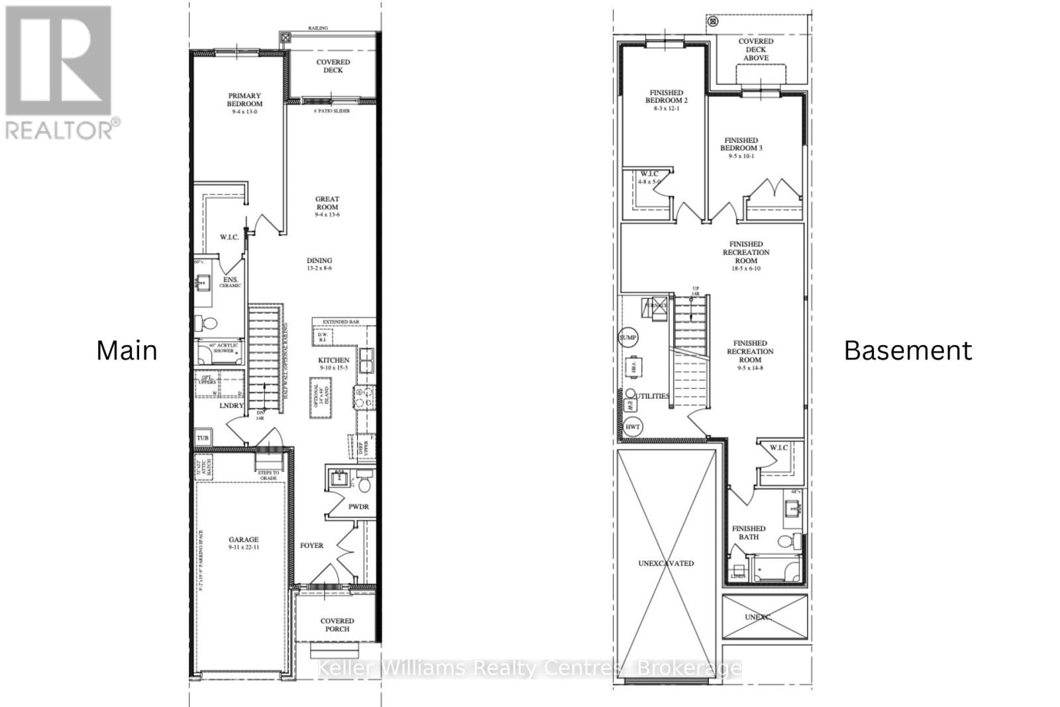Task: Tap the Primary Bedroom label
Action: click(244, 100)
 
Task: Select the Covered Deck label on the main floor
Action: click(333, 66)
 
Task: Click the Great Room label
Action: click(327, 203)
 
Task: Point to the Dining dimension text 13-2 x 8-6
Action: click(319, 268)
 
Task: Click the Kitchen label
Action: click(334, 360)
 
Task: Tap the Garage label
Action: click(244, 540)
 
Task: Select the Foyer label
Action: click(311, 546)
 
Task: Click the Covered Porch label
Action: click(337, 625)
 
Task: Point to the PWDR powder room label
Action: click(358, 507)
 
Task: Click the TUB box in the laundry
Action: click(203, 438)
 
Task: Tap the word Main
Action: click(127, 351)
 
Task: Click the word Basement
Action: click(908, 351)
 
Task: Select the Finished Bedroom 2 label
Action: click(666, 97)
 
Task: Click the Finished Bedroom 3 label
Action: click(741, 144)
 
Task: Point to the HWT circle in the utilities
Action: click(633, 427)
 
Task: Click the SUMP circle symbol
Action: click(627, 338)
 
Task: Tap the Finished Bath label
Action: click(749, 533)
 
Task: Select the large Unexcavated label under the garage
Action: click(666, 564)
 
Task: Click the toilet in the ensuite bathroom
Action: click(208, 324)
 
